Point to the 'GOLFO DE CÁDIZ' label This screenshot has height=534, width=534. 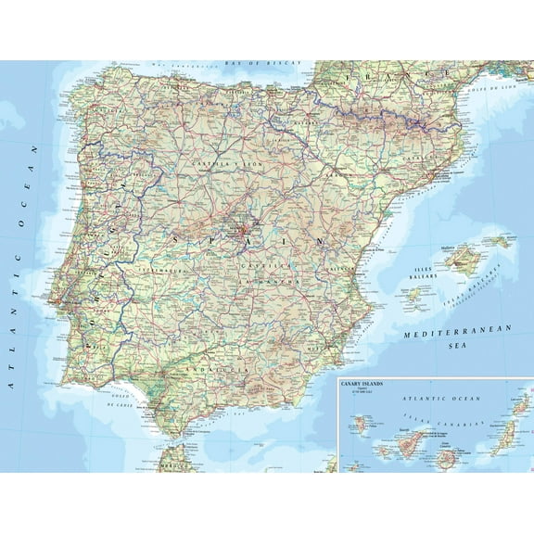[122, 401]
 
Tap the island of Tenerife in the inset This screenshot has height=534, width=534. [409, 439]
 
